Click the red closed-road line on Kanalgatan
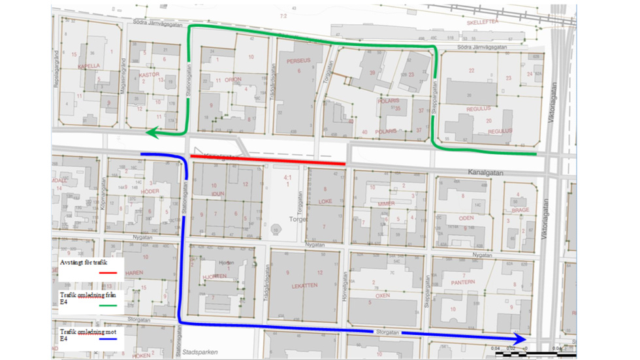point(268,159)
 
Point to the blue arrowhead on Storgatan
point(520,339)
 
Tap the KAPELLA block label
point(88,66)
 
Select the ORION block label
point(232,80)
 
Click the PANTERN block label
point(463,282)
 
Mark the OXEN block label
point(382,295)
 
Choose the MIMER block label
point(386,204)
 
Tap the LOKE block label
point(325,203)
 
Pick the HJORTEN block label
point(214,276)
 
